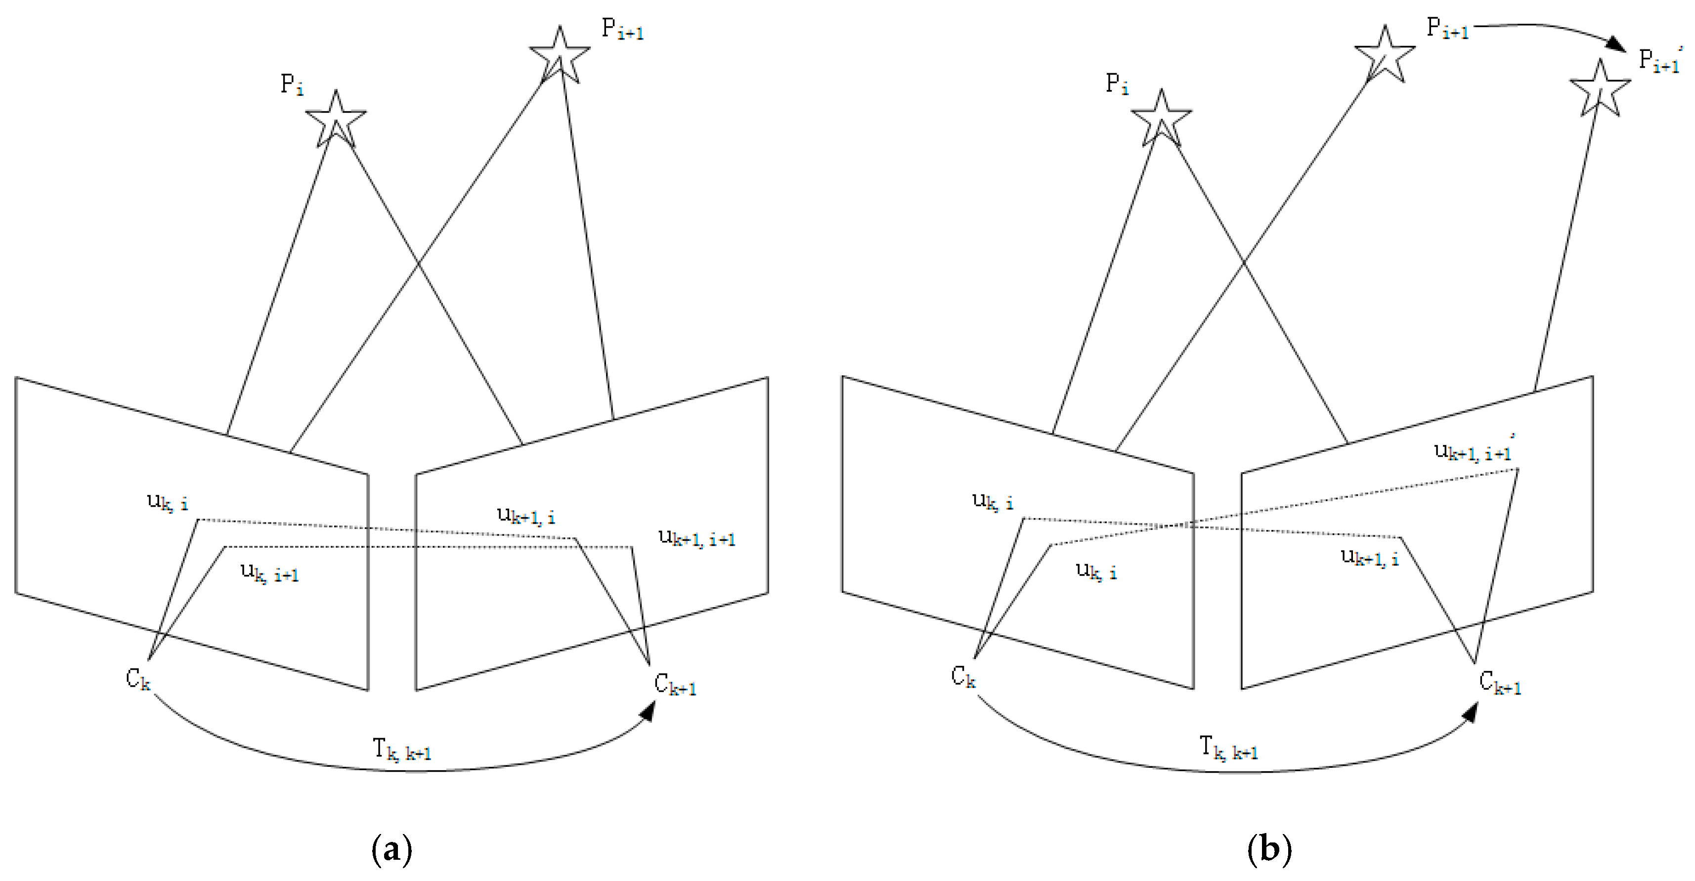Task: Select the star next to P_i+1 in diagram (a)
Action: (559, 55)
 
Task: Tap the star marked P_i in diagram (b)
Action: (1161, 119)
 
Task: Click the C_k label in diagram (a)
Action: (137, 678)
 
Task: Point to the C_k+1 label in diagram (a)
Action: (674, 684)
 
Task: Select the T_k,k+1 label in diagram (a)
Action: (401, 750)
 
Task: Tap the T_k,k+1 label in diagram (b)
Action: (1228, 749)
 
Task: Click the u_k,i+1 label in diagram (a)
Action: (269, 573)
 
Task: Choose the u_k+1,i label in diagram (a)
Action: (525, 515)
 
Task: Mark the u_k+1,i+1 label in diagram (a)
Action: (696, 537)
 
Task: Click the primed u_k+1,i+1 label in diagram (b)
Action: (1473, 451)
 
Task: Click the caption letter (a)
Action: (391, 849)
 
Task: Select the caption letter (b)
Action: (1269, 849)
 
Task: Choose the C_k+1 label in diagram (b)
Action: (1500, 683)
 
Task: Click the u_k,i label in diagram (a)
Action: (167, 502)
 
